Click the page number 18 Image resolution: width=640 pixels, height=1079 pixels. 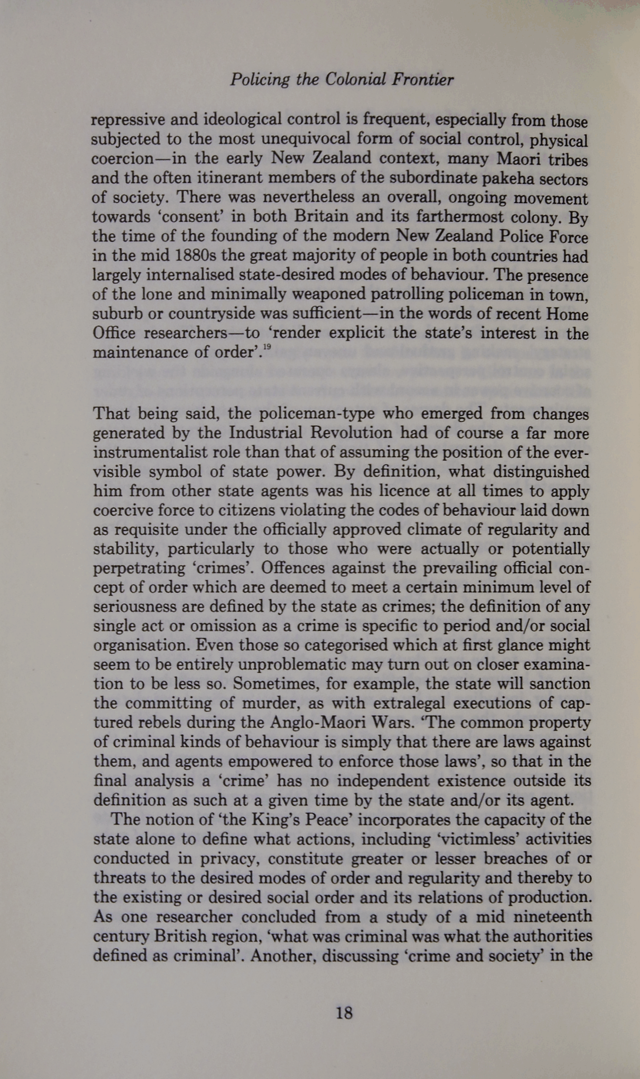[x=344, y=1013]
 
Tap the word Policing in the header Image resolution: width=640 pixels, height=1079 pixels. [x=259, y=80]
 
